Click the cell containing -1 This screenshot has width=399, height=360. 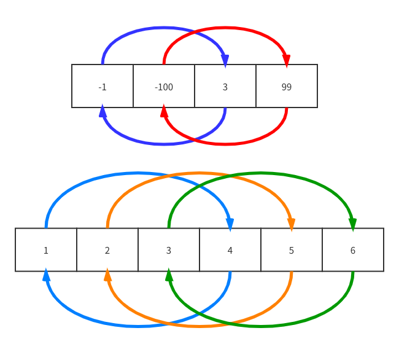pyautogui.click(x=103, y=87)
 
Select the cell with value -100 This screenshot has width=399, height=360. pyautogui.click(x=164, y=87)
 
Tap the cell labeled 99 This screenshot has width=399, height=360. pyautogui.click(x=287, y=87)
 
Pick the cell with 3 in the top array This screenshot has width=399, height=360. pyautogui.click(x=225, y=87)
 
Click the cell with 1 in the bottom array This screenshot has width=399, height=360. pyautogui.click(x=46, y=250)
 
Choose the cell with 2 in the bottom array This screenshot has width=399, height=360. pyautogui.click(x=107, y=250)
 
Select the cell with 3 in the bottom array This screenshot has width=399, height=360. pyautogui.click(x=169, y=250)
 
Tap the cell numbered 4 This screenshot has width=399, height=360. pyautogui.click(x=230, y=250)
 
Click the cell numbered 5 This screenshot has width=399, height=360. pyautogui.click(x=292, y=250)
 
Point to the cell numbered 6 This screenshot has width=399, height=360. pyautogui.click(x=353, y=250)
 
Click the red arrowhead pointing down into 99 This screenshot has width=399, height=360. pyautogui.click(x=286, y=60)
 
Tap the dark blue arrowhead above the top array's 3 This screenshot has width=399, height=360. pyautogui.click(x=225, y=60)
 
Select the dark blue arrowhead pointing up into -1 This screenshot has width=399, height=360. pyautogui.click(x=103, y=111)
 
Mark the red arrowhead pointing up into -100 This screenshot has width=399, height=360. pyautogui.click(x=164, y=111)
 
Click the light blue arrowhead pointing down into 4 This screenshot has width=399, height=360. pyautogui.click(x=230, y=224)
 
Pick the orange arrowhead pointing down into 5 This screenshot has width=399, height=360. pyautogui.click(x=291, y=224)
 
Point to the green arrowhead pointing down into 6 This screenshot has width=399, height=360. pyautogui.click(x=352, y=224)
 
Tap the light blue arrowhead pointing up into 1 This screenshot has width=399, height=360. pyautogui.click(x=46, y=275)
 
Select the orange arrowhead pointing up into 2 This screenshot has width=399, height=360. pyautogui.click(x=107, y=275)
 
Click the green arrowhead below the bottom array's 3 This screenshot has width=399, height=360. pyautogui.click(x=169, y=275)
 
